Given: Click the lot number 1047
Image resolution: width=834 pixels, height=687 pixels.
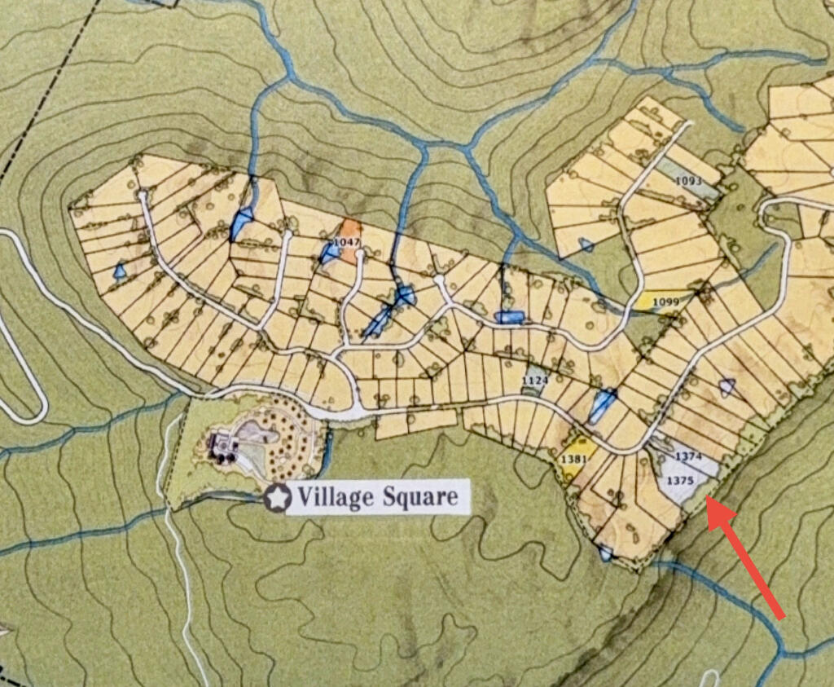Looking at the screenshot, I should [346, 243].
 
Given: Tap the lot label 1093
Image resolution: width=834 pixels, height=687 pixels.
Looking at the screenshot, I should [688, 180].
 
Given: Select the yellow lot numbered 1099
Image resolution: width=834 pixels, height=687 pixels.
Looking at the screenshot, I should [665, 302].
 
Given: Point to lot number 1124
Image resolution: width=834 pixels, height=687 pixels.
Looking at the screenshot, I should [535, 381].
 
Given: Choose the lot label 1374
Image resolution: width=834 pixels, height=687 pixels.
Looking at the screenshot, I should [688, 456].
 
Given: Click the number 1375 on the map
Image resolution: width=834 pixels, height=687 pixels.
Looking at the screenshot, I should [679, 481].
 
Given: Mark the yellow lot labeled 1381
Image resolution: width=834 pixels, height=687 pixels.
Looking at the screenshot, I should [573, 460].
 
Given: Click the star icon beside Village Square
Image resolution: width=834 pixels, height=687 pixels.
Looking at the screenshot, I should [278, 497].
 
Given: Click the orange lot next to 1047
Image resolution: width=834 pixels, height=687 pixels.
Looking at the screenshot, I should [351, 241].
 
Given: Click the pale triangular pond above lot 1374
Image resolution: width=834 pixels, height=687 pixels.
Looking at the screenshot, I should [727, 386].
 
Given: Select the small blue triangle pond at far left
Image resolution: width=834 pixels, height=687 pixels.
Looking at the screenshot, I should [120, 271].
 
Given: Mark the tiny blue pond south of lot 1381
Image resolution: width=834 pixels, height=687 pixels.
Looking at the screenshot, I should [605, 554].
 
